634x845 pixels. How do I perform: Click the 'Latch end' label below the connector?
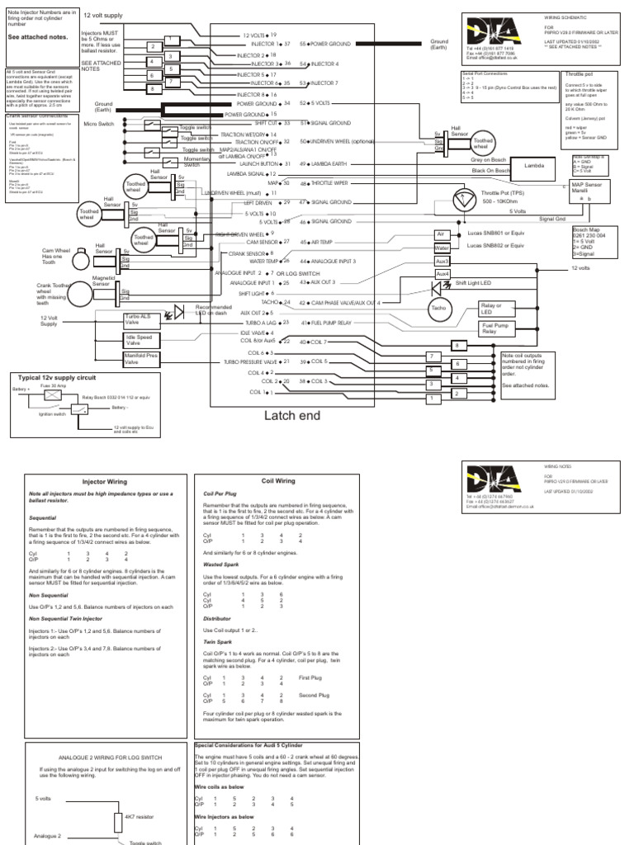(291, 416)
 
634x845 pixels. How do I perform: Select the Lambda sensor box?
(528, 165)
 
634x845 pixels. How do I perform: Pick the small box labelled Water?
(442, 247)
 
